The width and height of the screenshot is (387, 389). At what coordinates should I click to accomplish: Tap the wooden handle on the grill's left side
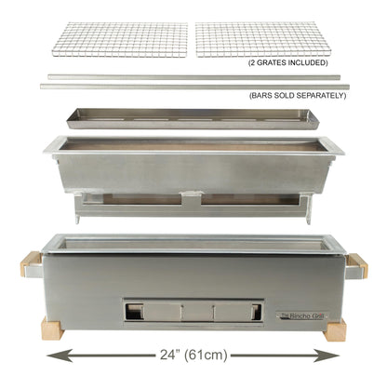(x=30, y=264)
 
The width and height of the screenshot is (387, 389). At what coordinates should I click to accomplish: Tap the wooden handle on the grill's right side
(x=357, y=264)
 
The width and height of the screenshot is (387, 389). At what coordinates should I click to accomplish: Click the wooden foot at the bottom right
(x=335, y=329)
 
